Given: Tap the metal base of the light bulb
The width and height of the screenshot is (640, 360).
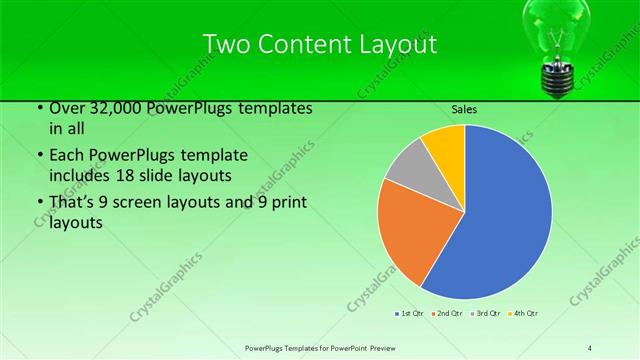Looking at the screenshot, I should point(556,78).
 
